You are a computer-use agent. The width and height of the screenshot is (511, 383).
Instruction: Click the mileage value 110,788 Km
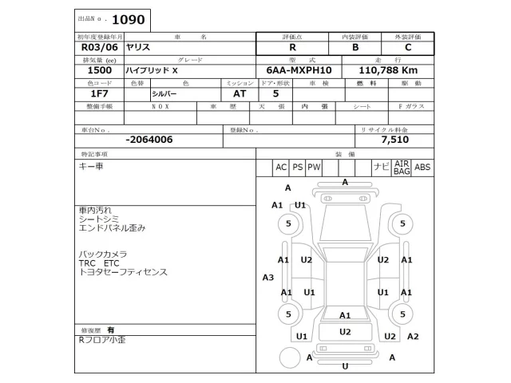[x=389, y=70]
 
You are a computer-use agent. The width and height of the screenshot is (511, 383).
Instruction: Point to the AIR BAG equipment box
[x=401, y=167]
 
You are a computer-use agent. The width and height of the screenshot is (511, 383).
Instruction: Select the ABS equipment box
[x=422, y=167]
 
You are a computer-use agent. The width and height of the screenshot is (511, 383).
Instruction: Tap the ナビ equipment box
[x=381, y=167]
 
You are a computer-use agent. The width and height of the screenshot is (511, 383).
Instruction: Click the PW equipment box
[x=314, y=167]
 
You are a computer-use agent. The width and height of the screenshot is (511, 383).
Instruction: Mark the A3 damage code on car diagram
[x=268, y=277]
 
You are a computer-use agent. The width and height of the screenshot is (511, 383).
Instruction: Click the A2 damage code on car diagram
[x=412, y=336]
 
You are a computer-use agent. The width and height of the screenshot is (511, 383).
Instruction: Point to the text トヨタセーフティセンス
[x=122, y=272]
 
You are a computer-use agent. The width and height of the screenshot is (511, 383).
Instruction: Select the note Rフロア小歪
[x=101, y=340]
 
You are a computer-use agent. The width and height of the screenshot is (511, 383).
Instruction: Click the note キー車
[x=91, y=166]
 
